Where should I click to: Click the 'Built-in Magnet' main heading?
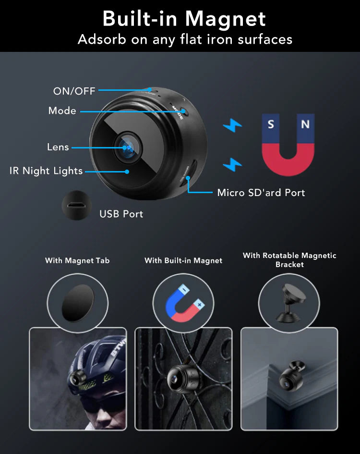coord(184,19)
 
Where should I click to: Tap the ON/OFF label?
coord(74,91)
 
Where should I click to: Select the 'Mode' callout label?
coord(62,110)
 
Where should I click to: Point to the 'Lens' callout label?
coord(58,147)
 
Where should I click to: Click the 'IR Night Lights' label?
coord(46,171)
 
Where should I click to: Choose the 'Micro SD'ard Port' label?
coord(261,193)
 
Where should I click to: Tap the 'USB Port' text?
coord(121,214)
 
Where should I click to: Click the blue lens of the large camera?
coord(127,147)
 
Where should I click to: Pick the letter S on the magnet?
coord(271,124)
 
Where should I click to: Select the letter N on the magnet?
coord(305,124)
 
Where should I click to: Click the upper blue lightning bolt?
coord(232,125)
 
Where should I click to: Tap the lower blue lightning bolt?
coord(232,164)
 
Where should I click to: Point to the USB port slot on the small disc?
coord(76,206)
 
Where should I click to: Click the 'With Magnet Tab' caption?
coord(77,260)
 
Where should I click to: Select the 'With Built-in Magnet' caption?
coord(183,260)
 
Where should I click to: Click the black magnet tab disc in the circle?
coord(78,303)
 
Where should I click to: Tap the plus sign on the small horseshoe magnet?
coord(199,305)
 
